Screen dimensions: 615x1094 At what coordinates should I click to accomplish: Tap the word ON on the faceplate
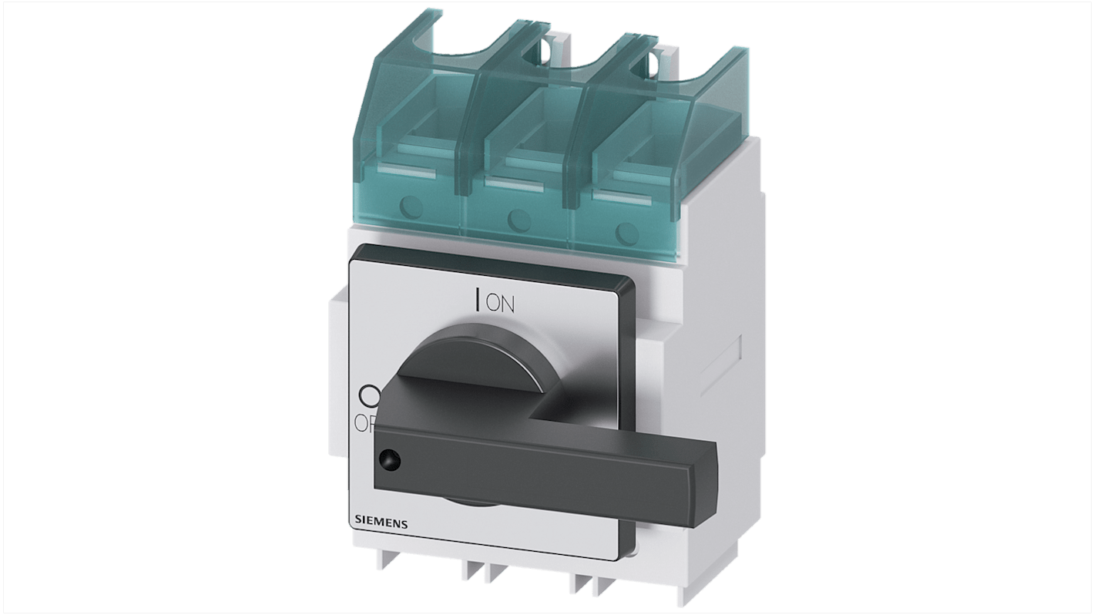(x=500, y=304)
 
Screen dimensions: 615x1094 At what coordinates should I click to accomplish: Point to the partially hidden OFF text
(x=364, y=423)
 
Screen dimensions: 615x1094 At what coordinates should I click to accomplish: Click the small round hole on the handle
(x=389, y=461)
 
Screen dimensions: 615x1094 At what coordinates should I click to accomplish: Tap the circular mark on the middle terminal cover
(x=517, y=219)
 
